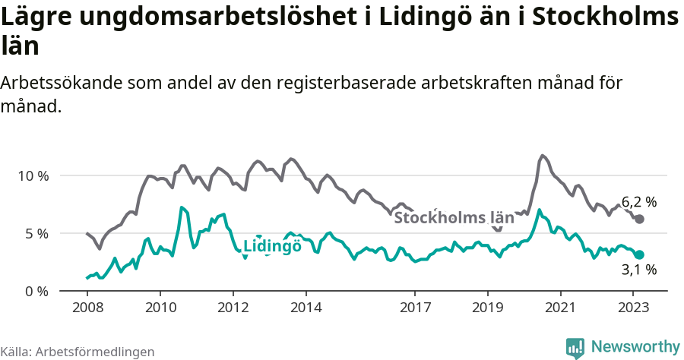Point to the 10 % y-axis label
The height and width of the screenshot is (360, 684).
[32, 175]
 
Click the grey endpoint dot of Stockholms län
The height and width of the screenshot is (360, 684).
[640, 219]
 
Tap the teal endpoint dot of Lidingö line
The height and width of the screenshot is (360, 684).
[640, 255]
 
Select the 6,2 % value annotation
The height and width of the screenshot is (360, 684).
[638, 202]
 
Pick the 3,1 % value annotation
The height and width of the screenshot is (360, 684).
[638, 270]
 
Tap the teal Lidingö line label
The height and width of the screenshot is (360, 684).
[272, 246]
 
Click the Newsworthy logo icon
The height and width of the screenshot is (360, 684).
[575, 348]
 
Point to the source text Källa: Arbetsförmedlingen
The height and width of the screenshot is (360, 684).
[78, 352]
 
